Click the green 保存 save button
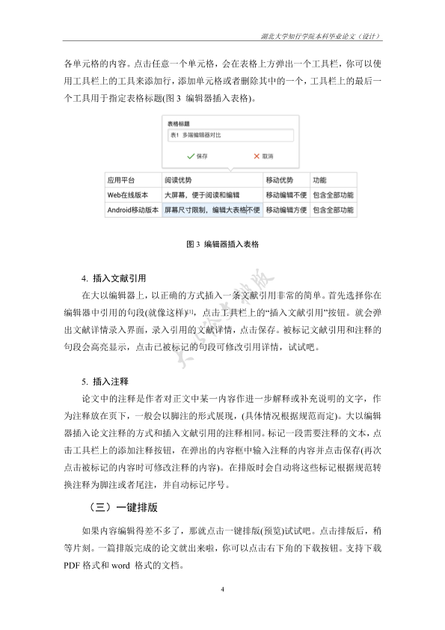pyautogui.click(x=197, y=156)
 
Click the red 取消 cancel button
pyautogui.click(x=262, y=156)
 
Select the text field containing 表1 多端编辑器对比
pyautogui.click(x=230, y=136)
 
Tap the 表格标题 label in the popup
pyautogui.click(x=178, y=123)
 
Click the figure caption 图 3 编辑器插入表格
pyautogui.click(x=222, y=244)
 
